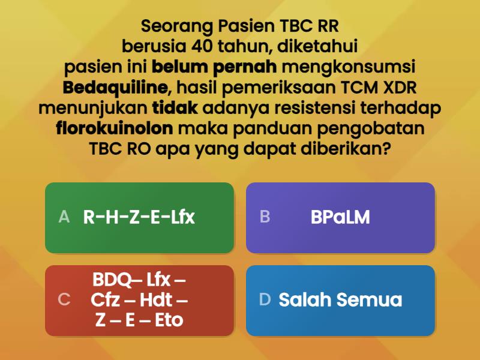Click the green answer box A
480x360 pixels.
(139, 217)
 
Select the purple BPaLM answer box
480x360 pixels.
(340, 217)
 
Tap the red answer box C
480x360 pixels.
(139, 300)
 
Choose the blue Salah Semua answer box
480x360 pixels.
(340, 300)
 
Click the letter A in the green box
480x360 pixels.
(64, 217)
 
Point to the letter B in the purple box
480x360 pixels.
(265, 217)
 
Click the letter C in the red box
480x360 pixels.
(64, 300)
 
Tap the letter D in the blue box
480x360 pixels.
(265, 300)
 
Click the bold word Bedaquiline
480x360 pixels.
(115, 88)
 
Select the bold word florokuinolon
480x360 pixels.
(115, 128)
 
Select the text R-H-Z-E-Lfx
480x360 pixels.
(139, 217)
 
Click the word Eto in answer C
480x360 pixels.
(169, 320)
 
